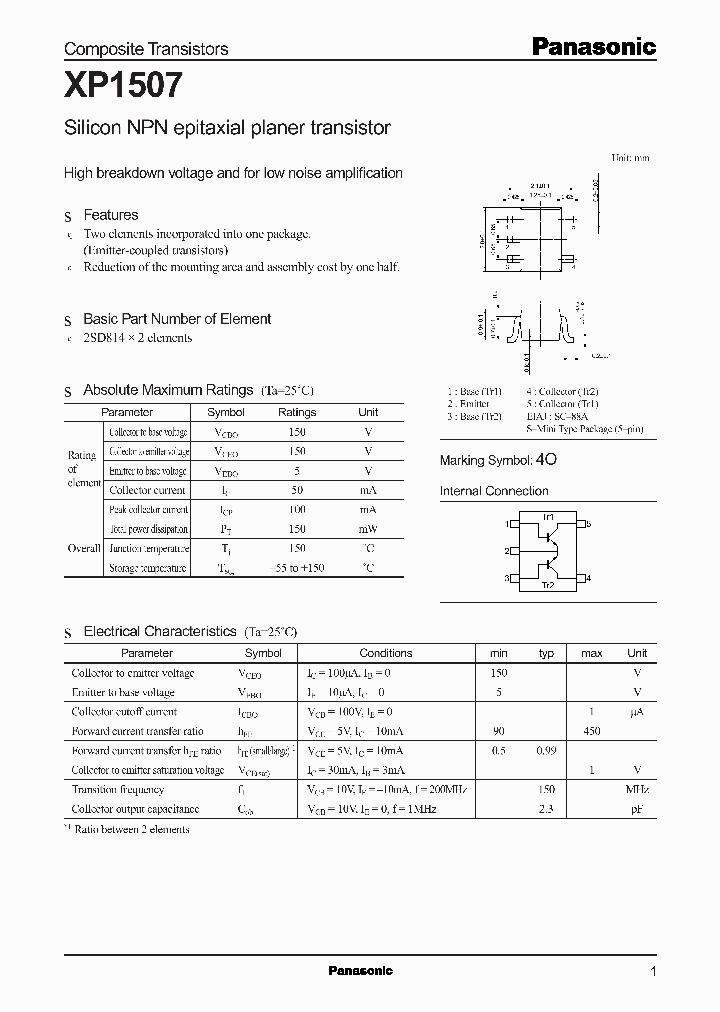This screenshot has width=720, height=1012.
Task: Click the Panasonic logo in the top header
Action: coord(592,46)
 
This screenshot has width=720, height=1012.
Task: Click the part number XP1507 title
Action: coord(124,86)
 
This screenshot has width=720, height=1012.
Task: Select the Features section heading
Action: coord(110,215)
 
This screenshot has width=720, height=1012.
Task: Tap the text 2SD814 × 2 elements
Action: coord(137,338)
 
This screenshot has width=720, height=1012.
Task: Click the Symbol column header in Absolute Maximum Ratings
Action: coord(225,412)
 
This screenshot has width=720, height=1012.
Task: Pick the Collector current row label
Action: coord(147,490)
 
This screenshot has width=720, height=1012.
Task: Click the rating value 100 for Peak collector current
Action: coord(296,510)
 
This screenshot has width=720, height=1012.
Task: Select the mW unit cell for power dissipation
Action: coord(368,529)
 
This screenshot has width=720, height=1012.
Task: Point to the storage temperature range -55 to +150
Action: coord(296,568)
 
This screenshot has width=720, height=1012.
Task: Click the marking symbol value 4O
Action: coord(546,460)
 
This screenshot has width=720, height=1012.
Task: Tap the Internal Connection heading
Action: coord(494,491)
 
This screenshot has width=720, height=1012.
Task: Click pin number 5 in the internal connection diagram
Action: coord(588,524)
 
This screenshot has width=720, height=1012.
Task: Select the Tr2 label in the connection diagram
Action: coord(547,586)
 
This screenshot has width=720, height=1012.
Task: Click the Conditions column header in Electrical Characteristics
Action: coord(385,653)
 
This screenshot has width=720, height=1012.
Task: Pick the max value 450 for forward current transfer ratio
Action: coord(591,731)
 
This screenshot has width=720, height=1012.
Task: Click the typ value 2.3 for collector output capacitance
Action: coord(546,809)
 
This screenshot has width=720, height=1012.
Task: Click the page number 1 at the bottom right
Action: coord(653,971)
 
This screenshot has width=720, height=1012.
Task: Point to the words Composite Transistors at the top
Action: coord(146,49)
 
